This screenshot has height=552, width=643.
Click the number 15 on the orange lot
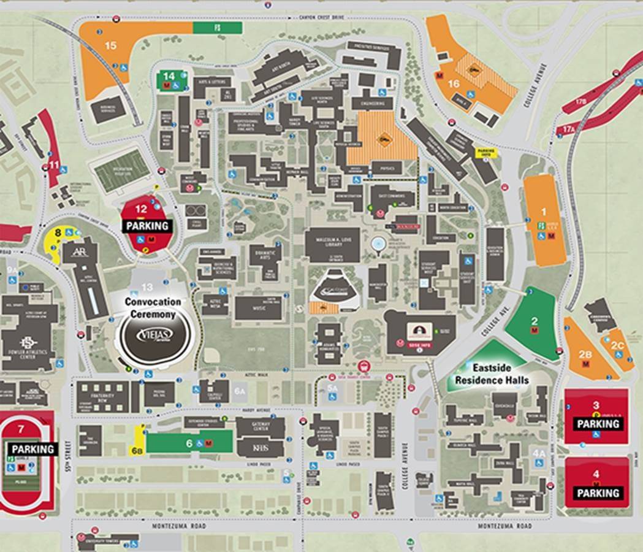(x=110, y=45)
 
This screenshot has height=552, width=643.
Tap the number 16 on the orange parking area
(x=454, y=83)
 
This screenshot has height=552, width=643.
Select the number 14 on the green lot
(x=169, y=75)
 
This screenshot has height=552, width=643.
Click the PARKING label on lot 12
(x=146, y=226)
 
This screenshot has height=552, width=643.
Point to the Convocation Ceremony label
(x=153, y=308)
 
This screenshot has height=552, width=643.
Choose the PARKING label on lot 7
(x=33, y=449)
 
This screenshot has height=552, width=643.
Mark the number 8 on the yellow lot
(x=58, y=232)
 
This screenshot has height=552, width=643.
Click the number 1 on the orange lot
(x=542, y=212)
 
